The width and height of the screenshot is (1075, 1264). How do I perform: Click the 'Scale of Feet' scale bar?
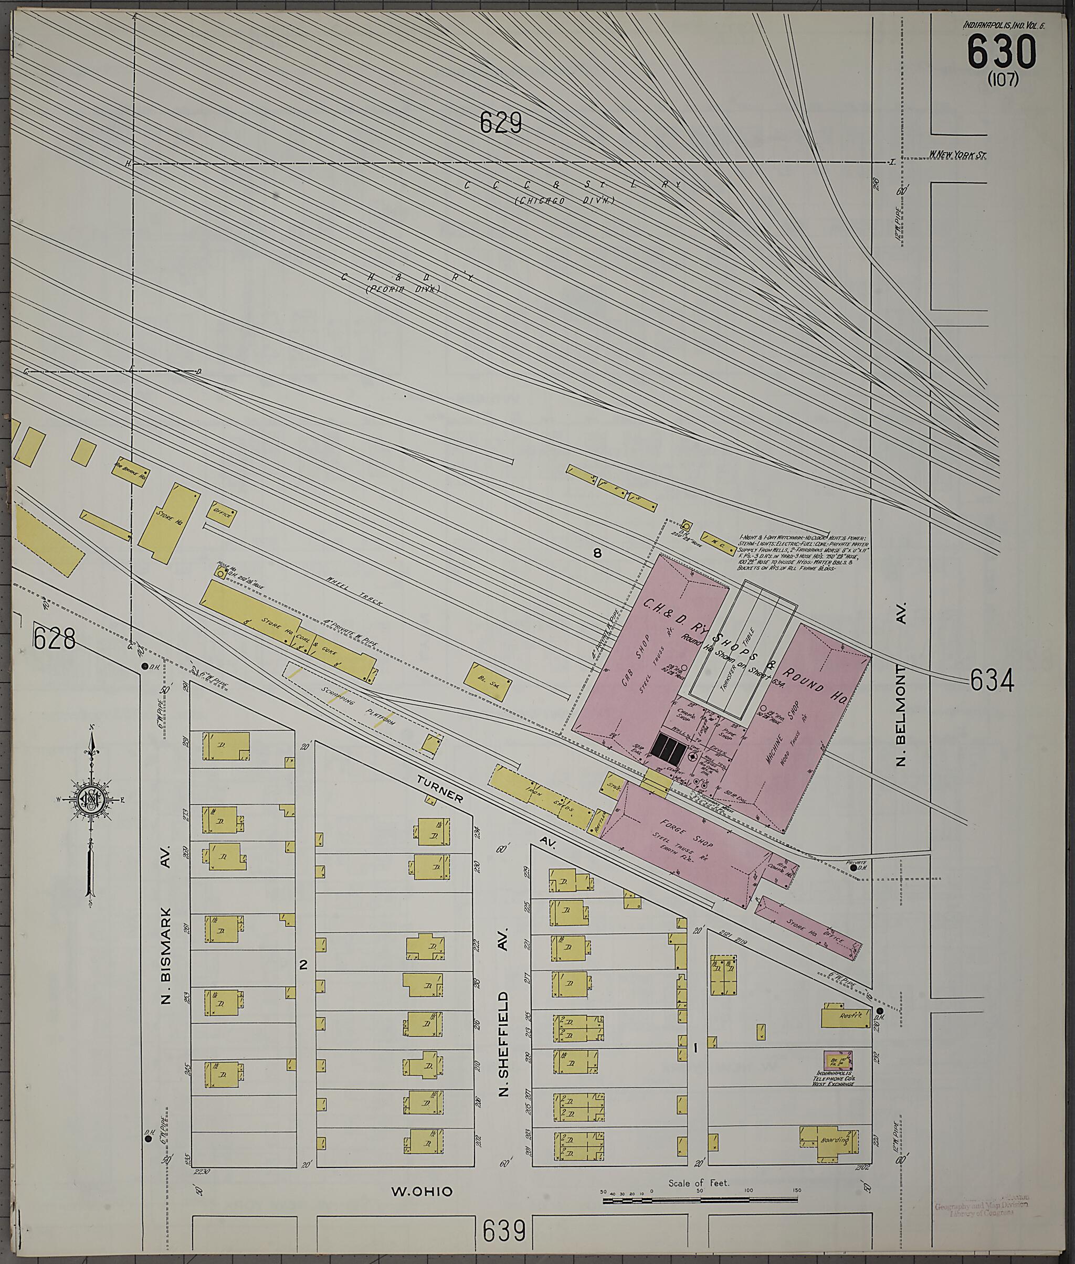[700, 1200]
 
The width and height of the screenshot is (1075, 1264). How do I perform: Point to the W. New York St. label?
[957, 155]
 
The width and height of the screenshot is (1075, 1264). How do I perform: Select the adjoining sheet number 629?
[500, 123]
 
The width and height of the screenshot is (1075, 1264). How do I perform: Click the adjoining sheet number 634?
[992, 681]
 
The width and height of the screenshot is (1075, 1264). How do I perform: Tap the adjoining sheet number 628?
[55, 639]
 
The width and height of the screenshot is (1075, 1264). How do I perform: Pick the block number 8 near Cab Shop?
[597, 553]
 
